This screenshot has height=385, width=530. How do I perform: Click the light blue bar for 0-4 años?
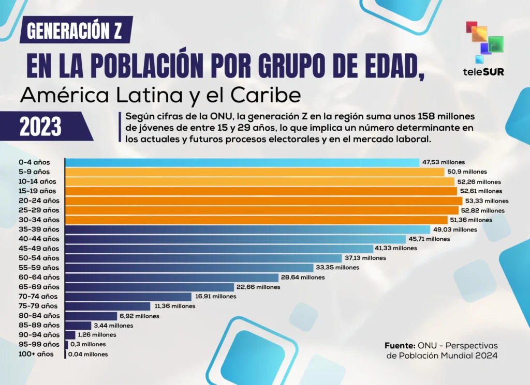coord(242,162)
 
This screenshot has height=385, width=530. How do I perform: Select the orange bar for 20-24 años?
coord(263,201)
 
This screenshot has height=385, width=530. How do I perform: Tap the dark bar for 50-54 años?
coord(203,258)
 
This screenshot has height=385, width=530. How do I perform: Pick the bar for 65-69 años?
coord(150,287)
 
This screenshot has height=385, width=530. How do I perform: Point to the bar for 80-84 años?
coord(91,316)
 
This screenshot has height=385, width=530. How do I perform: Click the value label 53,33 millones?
coord(487,201)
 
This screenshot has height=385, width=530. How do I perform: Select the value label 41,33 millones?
coord(398,249)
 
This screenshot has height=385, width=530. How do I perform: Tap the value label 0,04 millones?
coord(89,355)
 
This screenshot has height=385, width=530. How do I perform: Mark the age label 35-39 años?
coord(39,229)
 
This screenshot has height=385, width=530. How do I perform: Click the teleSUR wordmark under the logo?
coord(484,72)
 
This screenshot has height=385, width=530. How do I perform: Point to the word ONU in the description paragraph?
coord(221,116)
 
